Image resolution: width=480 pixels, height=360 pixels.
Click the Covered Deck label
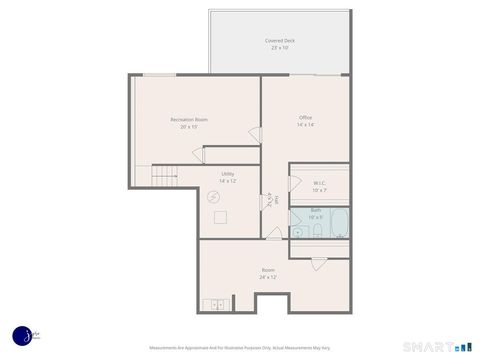(x=280, y=40)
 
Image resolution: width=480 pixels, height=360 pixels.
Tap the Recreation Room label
(x=188, y=119)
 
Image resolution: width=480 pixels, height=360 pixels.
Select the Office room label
(x=305, y=117)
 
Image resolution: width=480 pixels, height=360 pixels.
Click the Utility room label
(x=228, y=173)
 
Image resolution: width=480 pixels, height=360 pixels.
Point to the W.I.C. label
(x=319, y=183)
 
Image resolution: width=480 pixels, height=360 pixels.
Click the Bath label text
(x=315, y=210)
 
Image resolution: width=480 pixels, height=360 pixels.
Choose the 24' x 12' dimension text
(x=268, y=277)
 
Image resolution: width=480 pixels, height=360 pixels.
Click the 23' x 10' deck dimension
(x=280, y=48)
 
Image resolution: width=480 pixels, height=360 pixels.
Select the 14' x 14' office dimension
(x=305, y=125)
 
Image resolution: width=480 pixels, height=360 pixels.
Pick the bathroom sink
(x=297, y=231)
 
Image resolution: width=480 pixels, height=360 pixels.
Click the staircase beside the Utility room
(x=166, y=178)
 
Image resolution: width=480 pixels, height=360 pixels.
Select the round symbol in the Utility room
(x=212, y=197)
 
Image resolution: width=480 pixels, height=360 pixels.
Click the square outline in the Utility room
(x=220, y=217)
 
